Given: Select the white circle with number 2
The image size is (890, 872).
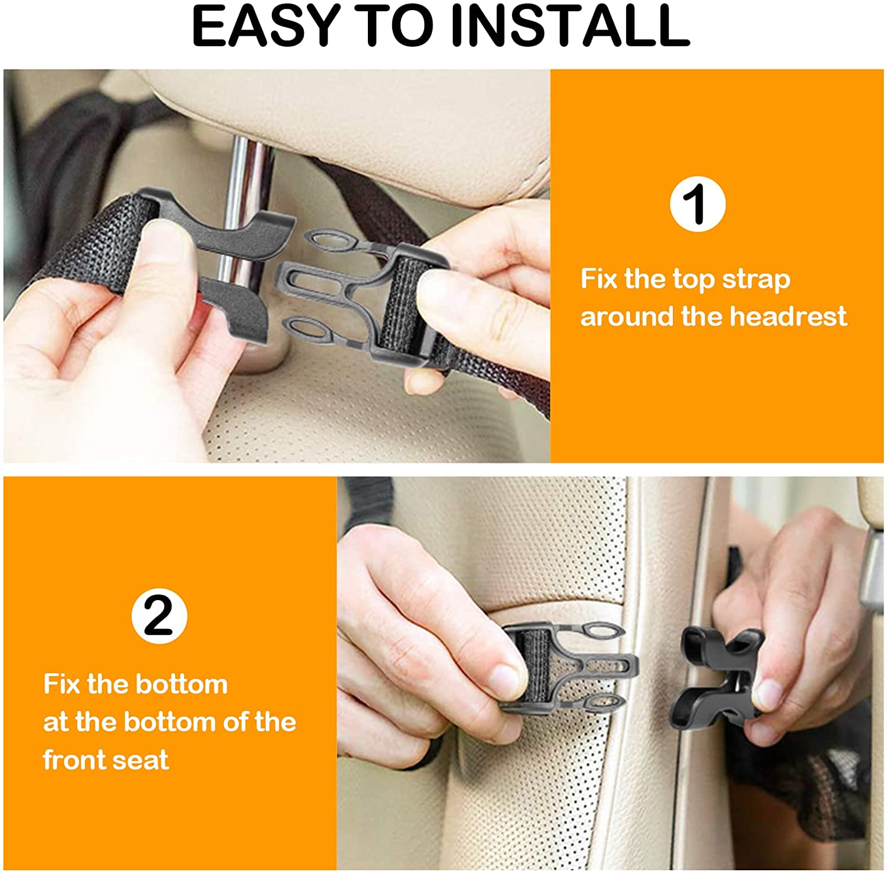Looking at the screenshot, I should pyautogui.click(x=159, y=616).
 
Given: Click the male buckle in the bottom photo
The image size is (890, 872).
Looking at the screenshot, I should pyautogui.click(x=564, y=665).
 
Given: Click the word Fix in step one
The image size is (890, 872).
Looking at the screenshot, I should pyautogui.click(x=598, y=280).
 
